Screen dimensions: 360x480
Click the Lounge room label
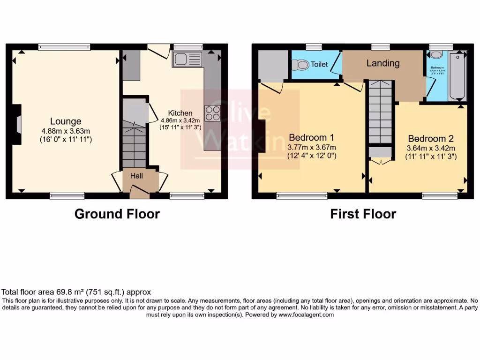(x=66, y=122)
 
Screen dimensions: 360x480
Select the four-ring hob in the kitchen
(x=212, y=114)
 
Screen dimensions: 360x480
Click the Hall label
(x=136, y=176)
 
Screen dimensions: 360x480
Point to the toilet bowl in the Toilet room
(x=300, y=65)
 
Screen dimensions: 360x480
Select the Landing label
(x=383, y=63)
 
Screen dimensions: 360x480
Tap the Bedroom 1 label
(x=311, y=137)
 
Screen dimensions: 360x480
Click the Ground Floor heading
(x=117, y=214)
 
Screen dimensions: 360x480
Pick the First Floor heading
(x=363, y=214)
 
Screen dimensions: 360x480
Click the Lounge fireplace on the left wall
(x=17, y=125)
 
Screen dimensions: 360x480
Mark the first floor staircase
(x=379, y=112)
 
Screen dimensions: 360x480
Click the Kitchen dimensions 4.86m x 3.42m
(x=180, y=120)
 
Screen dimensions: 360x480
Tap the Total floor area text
(x=76, y=292)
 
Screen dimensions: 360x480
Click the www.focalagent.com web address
(x=306, y=315)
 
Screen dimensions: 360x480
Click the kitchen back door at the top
(x=158, y=51)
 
